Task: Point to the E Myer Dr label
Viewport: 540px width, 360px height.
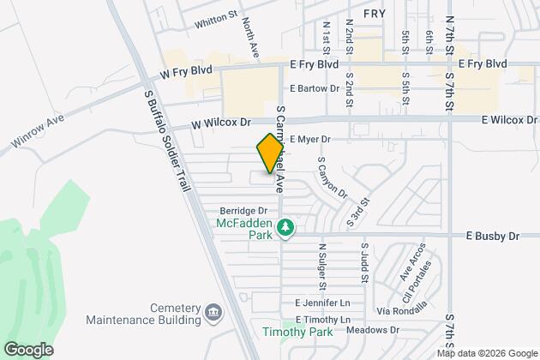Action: pos(309,138)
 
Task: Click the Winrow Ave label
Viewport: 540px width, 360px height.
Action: pos(38,133)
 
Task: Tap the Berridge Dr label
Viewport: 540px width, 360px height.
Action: pos(244,210)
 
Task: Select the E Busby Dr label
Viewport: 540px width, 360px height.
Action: pos(493,235)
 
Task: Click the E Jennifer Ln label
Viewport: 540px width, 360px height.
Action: pos(323,303)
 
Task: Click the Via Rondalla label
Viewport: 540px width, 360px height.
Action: pos(389,310)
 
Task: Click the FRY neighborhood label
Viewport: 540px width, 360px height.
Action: pos(375,15)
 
